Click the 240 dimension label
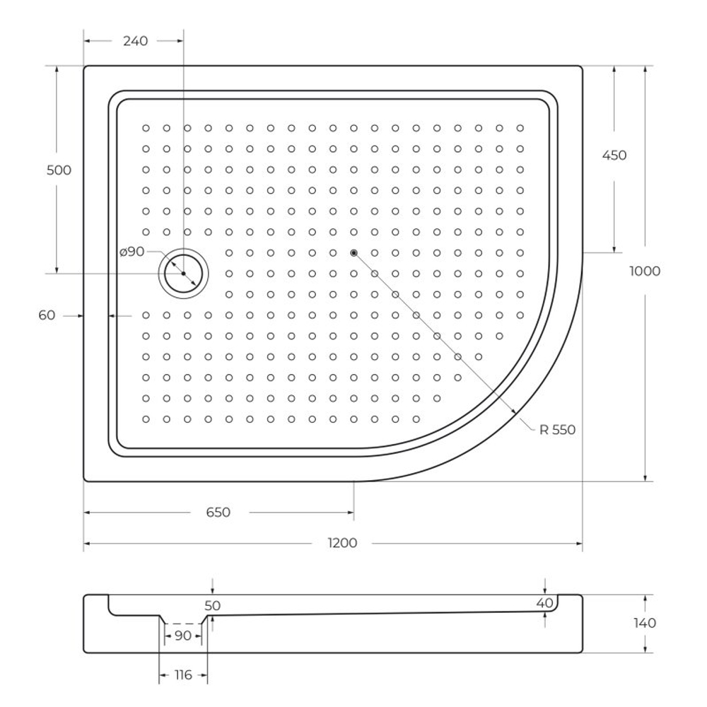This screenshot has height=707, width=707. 135,41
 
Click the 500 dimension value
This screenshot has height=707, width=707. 59,170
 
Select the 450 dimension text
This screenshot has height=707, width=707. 613,156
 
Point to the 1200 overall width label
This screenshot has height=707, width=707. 343,543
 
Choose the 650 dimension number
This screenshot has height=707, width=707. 218,513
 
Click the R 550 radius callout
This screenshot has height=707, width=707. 557,429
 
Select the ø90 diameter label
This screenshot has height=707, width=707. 132,252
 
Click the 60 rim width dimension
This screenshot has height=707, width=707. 47,316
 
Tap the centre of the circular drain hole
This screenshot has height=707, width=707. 183,274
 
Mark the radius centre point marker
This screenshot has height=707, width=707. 353,252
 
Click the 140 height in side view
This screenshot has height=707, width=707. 644,623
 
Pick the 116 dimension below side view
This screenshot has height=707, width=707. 182,675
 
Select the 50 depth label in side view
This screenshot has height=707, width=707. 213,606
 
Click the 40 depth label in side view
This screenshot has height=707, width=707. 544,602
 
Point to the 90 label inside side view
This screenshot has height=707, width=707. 182,636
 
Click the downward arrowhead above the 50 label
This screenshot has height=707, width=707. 213,590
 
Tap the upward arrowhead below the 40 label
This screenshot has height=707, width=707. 545,614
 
